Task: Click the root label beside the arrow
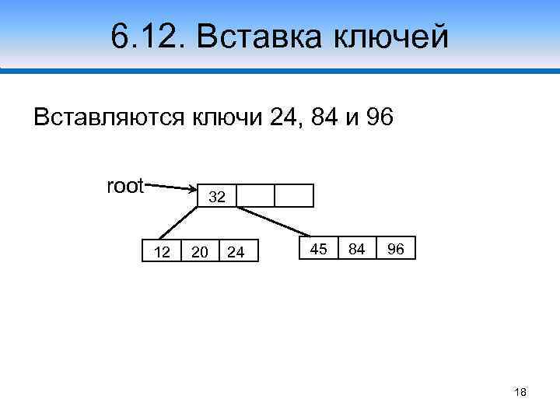tap(124, 186)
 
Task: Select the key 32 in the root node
tap(217, 198)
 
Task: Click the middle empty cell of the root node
tap(256, 196)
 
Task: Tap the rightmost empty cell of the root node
tap(294, 196)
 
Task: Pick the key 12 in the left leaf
tap(162, 252)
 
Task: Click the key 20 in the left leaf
tap(200, 252)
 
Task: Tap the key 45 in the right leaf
tap(318, 249)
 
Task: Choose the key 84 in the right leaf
tap(357, 249)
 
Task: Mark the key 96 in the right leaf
tap(395, 249)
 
